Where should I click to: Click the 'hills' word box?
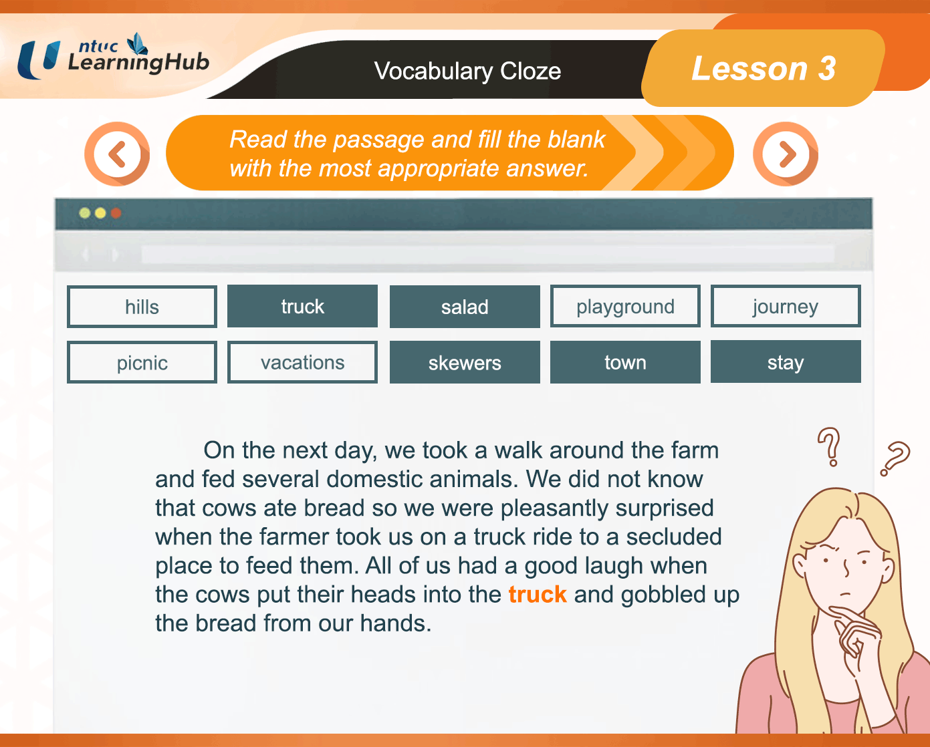click(142, 307)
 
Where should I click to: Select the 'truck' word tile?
click(302, 306)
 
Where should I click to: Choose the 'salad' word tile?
click(465, 307)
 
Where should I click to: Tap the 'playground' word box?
click(625, 306)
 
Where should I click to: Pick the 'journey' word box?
click(786, 306)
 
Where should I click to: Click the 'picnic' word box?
click(142, 363)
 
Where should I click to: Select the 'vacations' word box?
click(302, 363)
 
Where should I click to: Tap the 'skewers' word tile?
click(465, 363)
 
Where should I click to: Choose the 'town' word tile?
click(625, 362)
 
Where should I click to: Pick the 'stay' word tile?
click(786, 361)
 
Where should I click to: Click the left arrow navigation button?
click(117, 154)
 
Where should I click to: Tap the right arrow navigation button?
click(785, 154)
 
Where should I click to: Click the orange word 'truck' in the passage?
click(537, 595)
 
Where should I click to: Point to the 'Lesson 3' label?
click(764, 68)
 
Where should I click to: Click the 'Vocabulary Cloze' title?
click(467, 71)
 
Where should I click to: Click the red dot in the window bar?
click(116, 213)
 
